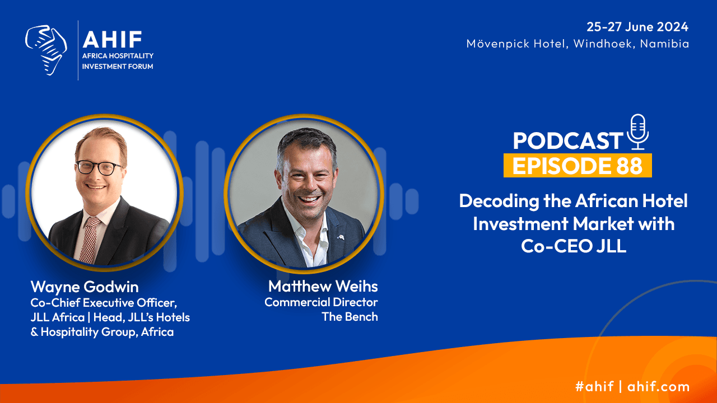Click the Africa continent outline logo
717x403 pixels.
point(46,50)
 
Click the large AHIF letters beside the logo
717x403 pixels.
point(112,39)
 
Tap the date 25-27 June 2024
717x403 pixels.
point(637,26)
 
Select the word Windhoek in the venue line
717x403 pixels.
point(603,44)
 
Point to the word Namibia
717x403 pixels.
point(664,44)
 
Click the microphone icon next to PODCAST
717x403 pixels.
point(638,132)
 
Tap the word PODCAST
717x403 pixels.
point(568,140)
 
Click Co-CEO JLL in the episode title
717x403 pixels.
point(573,246)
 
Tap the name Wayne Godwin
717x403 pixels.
point(85,287)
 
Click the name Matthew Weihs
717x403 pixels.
point(323,286)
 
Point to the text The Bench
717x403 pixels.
point(350,317)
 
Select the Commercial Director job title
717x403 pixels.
point(321,302)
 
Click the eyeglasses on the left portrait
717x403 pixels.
point(99,167)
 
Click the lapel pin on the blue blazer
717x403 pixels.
point(341,237)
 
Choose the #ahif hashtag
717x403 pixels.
point(594,386)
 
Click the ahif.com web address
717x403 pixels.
point(658,386)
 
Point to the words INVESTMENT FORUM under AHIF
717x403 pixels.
point(118,67)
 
